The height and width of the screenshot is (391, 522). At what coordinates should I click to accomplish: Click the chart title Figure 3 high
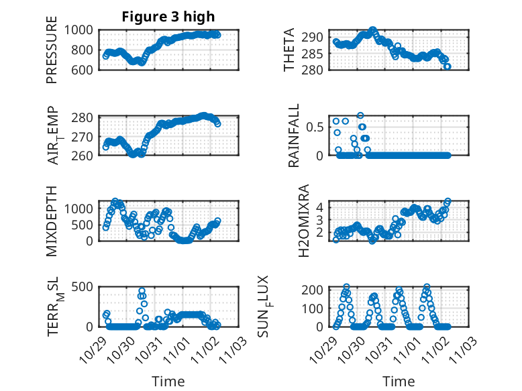point(168,17)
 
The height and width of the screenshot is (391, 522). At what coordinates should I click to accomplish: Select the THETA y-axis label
point(289,50)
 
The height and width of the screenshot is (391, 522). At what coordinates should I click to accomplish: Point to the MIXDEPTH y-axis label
point(52,221)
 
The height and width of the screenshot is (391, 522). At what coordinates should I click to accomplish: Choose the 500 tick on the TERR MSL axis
point(86,288)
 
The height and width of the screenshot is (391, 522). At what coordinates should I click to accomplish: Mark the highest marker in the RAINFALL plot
point(360,116)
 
